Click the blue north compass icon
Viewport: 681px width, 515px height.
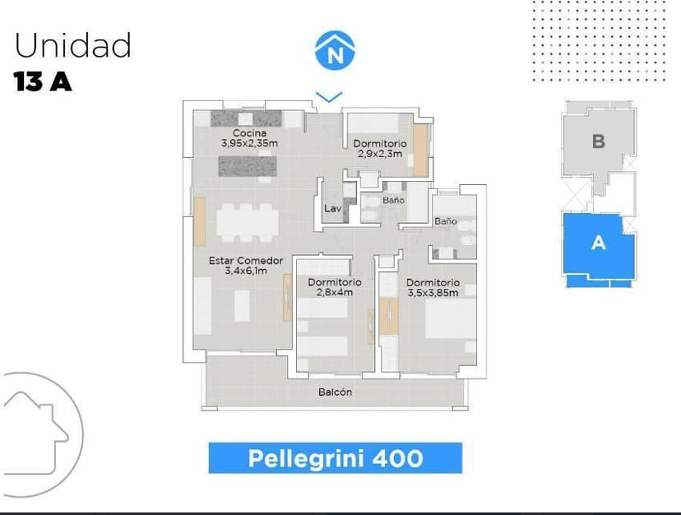[x=335, y=50]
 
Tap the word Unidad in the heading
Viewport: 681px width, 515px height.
[x=73, y=44]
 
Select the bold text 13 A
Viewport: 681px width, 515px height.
[x=43, y=81]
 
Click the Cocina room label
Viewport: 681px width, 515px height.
[x=249, y=133]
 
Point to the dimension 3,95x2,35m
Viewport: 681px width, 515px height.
[x=249, y=143]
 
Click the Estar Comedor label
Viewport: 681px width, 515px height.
[x=246, y=261]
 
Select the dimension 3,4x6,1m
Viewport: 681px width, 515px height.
[x=246, y=271]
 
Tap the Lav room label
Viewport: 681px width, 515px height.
[x=332, y=209]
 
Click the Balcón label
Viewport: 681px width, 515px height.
[x=335, y=392]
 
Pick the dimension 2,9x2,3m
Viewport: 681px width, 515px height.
[x=380, y=153]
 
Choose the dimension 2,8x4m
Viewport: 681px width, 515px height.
[x=335, y=292]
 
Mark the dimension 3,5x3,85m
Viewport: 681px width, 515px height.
[x=433, y=293]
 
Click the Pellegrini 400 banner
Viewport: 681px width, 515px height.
[x=336, y=458]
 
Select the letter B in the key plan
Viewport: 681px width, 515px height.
[x=599, y=142]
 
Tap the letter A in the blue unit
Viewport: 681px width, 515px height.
[x=599, y=242]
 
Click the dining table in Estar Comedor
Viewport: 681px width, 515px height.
[x=248, y=223]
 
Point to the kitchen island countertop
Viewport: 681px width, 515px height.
[x=248, y=166]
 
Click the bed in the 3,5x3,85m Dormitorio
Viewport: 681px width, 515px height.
[x=451, y=318]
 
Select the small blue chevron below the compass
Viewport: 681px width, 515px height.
[x=329, y=97]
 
